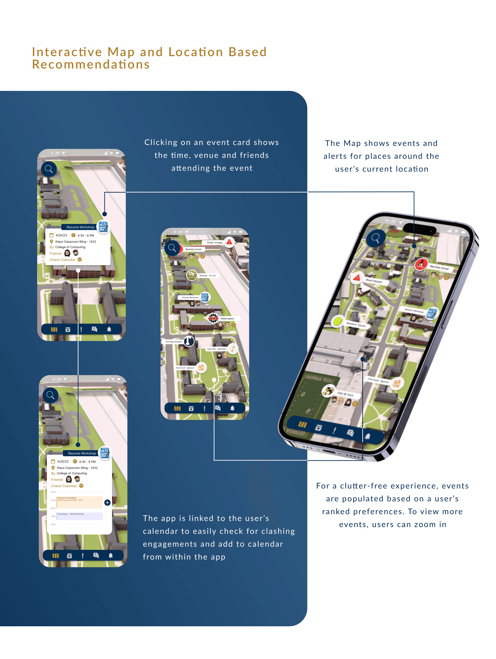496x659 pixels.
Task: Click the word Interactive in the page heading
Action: click(x=67, y=52)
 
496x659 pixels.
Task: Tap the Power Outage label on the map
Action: click(x=214, y=242)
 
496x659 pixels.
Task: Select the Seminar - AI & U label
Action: click(x=208, y=276)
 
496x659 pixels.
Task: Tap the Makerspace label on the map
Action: click(x=227, y=318)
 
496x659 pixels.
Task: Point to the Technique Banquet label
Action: click(x=173, y=342)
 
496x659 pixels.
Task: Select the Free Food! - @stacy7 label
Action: click(x=185, y=368)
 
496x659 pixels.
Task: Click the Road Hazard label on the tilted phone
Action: click(x=374, y=281)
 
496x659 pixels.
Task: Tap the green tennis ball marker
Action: click(x=338, y=321)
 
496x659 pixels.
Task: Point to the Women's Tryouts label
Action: click(x=356, y=325)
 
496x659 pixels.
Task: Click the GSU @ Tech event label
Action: click(x=345, y=394)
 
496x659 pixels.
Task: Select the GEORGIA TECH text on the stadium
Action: click(x=318, y=379)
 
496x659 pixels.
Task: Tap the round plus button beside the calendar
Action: click(x=107, y=502)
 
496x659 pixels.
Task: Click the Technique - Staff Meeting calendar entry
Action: click(x=80, y=516)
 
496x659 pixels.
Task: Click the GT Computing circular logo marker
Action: click(x=192, y=275)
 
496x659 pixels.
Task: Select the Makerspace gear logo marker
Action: click(x=213, y=318)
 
